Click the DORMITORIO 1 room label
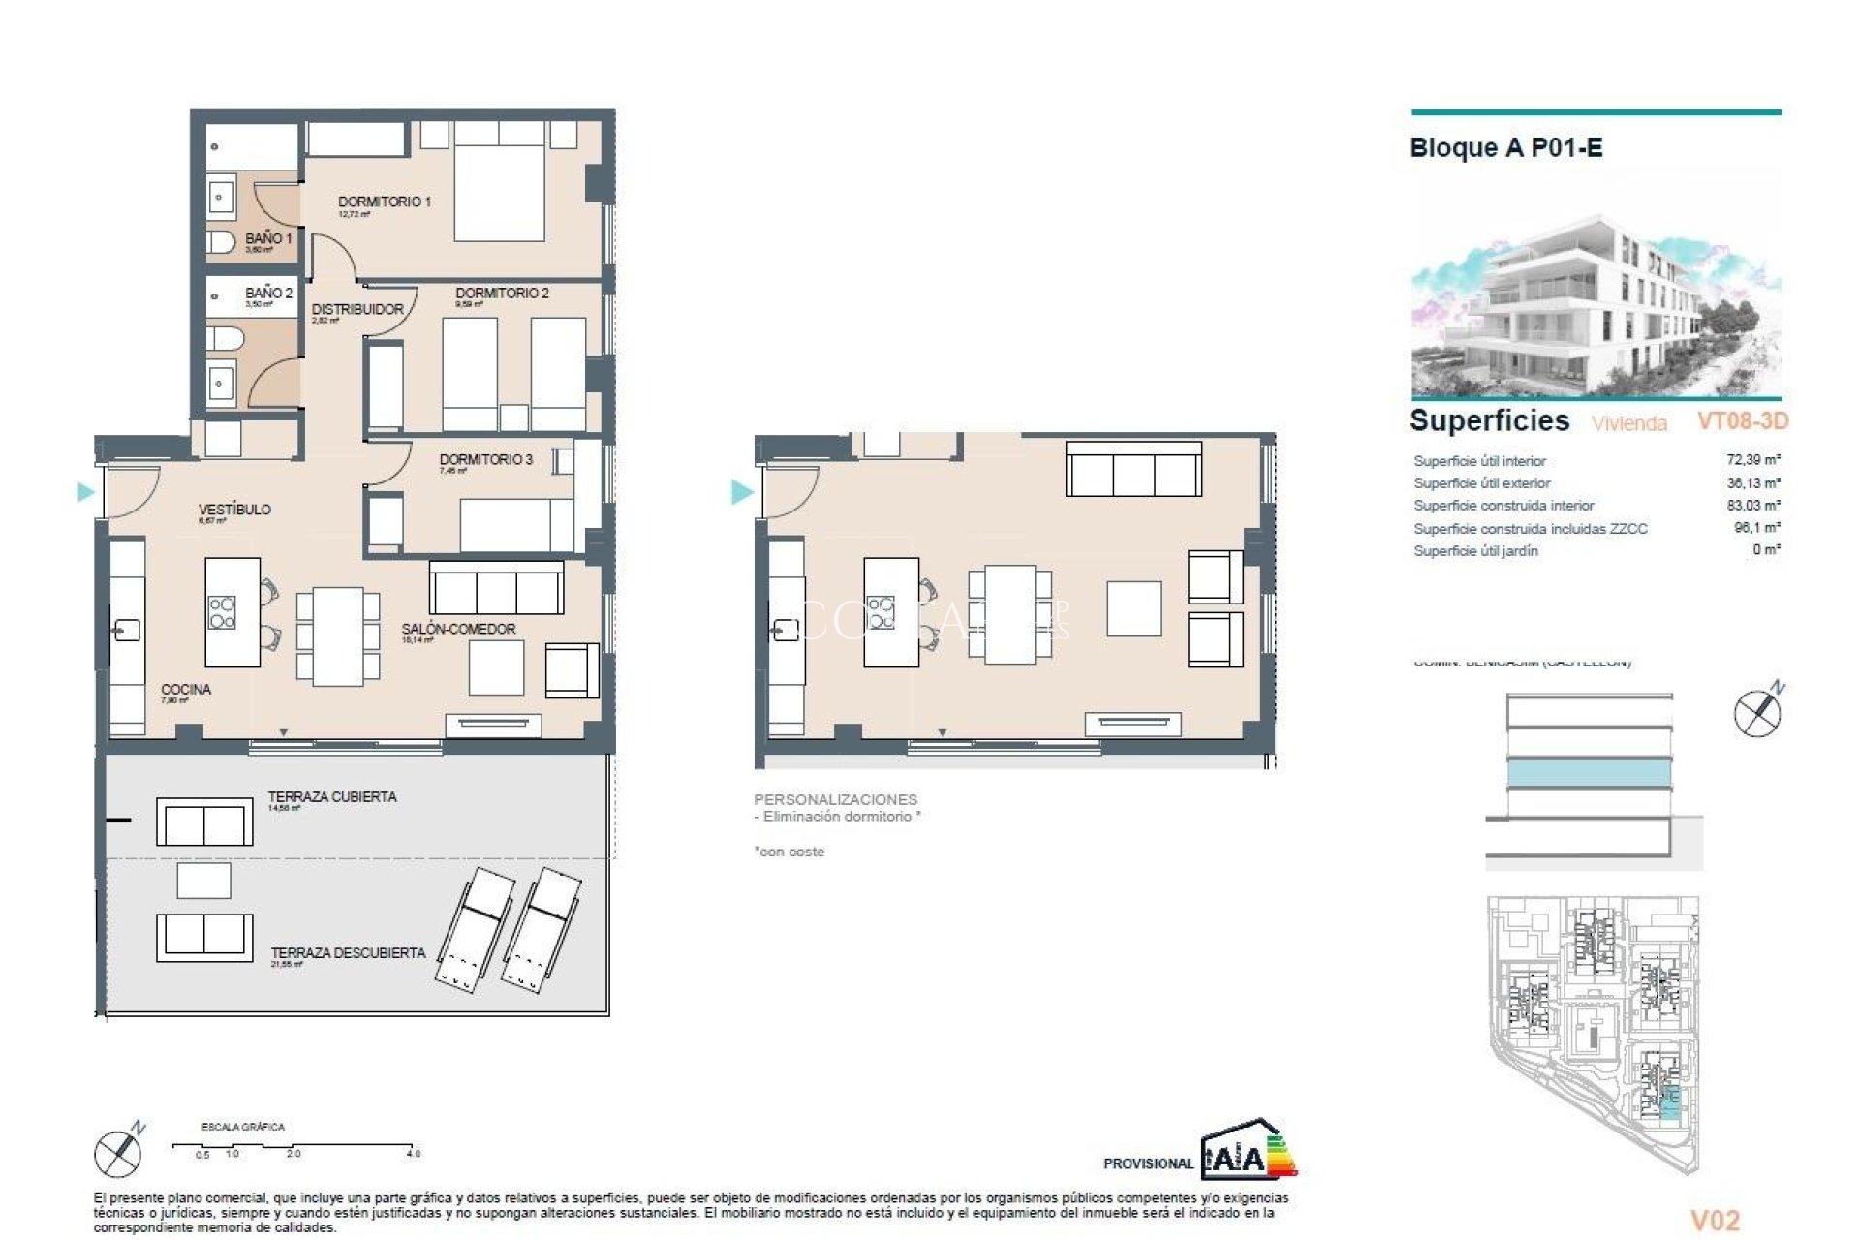[x=384, y=201]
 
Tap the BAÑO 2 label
[x=268, y=293]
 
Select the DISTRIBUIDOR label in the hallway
[x=357, y=309]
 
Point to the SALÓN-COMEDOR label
[x=458, y=629]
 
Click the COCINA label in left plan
[x=186, y=689]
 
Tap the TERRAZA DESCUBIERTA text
[x=348, y=953]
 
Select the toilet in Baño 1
[x=222, y=241]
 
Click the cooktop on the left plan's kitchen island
[x=222, y=612]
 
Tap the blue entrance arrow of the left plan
[x=85, y=492]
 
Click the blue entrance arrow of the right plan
[x=741, y=492]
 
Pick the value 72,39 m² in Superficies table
[x=1752, y=460]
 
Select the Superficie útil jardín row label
[x=1475, y=550]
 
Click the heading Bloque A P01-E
[x=1505, y=148]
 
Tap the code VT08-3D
[x=1742, y=421]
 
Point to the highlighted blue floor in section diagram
[x=1589, y=773]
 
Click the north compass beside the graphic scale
[x=119, y=1152]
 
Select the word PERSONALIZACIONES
[x=835, y=799]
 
